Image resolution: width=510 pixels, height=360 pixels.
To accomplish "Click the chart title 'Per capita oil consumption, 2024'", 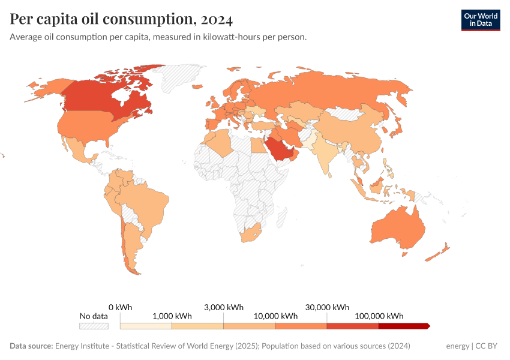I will pyautogui.click(x=121, y=20).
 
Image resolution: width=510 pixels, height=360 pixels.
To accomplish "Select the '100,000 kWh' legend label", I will pyautogui.click(x=379, y=316).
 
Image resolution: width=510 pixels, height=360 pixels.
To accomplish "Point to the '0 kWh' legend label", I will pyautogui.click(x=120, y=307).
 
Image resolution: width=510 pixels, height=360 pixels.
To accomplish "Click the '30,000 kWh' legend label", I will pyautogui.click(x=327, y=307).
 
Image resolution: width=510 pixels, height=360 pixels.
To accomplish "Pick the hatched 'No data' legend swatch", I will pyautogui.click(x=94, y=326).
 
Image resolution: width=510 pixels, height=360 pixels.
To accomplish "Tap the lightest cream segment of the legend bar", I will pyautogui.click(x=146, y=326).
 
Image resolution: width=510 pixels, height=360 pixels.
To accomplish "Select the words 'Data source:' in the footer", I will pyautogui.click(x=31, y=346).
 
